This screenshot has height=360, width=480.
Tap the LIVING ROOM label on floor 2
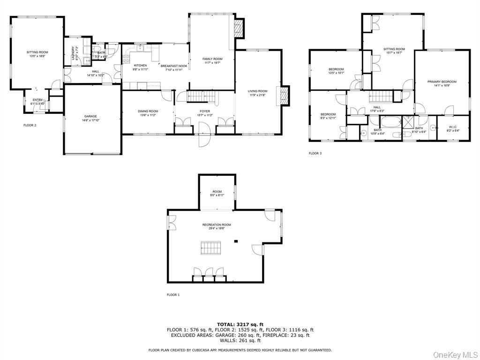pos(258,91)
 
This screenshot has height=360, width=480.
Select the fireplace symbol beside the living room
pos(284,96)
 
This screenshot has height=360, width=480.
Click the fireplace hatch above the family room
pos(239,29)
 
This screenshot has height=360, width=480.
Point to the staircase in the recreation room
pos(211,247)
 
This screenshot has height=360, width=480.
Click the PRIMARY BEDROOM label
pos(442,82)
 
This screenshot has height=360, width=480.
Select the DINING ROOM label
pos(148,111)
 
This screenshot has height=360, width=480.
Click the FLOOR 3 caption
pos(315,153)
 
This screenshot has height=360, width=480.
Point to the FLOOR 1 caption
pos(173,295)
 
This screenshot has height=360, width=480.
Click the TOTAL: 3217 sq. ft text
pos(240,324)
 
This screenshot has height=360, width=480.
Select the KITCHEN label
pos(140,66)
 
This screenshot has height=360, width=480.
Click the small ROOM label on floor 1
pos(217,191)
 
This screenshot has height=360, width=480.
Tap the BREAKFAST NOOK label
pos(174,66)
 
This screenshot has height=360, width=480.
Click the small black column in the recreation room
pos(236,241)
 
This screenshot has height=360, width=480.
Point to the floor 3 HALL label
pos(377,107)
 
